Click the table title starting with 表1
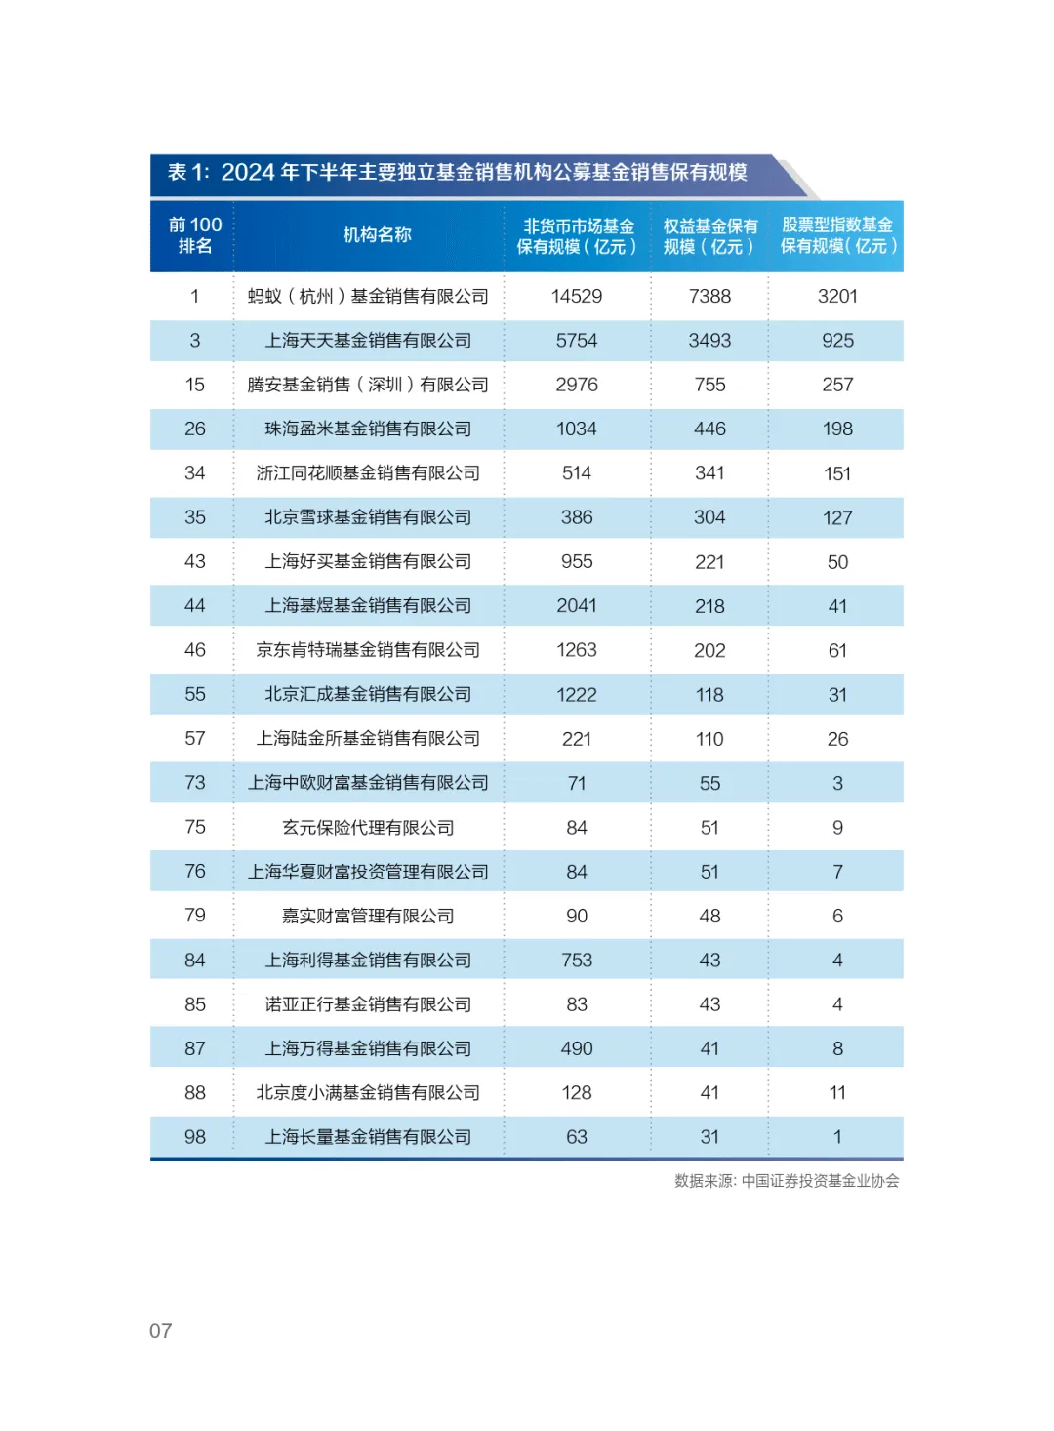457,173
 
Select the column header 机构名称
377,235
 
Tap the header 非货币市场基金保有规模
577,236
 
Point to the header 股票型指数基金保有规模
837,236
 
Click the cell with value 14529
577,296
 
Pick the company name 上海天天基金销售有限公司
368,341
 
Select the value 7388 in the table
709,296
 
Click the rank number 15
195,385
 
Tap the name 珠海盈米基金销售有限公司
368,429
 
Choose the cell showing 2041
577,606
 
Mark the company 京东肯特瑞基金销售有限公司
368,650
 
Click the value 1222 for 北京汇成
577,695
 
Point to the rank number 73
195,783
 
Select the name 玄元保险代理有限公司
368,828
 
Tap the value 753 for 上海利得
577,961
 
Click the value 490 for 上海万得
577,1048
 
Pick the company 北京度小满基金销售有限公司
368,1093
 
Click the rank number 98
195,1137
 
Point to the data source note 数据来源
787,1181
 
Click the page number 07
161,1331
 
